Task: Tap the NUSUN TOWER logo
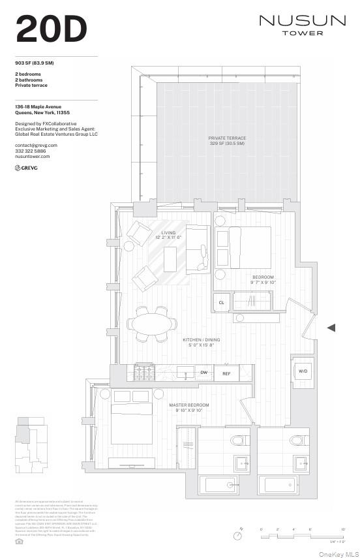(302, 25)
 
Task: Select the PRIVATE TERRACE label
(226, 140)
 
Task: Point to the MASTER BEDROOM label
(188, 405)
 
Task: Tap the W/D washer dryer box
(303, 372)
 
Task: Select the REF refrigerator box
(226, 373)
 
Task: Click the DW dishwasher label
(203, 373)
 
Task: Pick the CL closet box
(221, 303)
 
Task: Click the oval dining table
(151, 324)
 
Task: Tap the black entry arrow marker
(331, 328)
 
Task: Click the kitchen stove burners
(143, 373)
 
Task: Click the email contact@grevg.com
(36, 145)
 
